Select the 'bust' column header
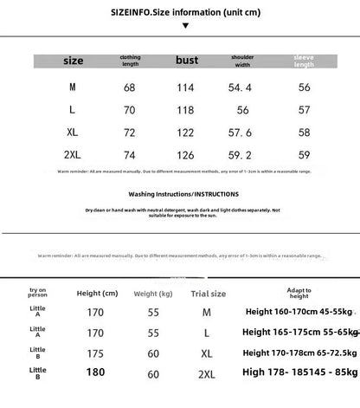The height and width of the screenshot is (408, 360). pos(186,61)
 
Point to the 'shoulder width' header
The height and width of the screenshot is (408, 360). pos(243,61)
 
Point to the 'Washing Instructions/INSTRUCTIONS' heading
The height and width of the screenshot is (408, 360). pos(180,193)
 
